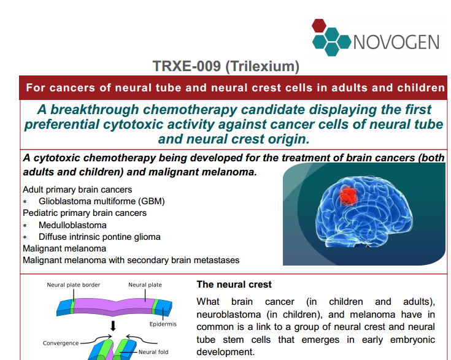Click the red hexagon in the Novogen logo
click(319, 26)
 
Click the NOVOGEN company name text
click(396, 42)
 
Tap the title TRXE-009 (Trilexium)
click(226, 66)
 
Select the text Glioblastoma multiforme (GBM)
click(101, 201)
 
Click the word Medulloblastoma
click(72, 225)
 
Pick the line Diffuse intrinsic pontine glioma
click(99, 237)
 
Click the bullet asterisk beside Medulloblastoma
click(25, 226)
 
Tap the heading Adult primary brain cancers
click(77, 190)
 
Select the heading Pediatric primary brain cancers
click(85, 213)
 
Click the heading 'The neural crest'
click(234, 285)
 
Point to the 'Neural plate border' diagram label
click(74, 285)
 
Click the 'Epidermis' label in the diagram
click(163, 324)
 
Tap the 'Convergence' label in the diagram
click(61, 343)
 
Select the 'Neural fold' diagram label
click(153, 352)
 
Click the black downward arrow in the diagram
click(113, 326)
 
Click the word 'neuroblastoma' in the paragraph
click(229, 315)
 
